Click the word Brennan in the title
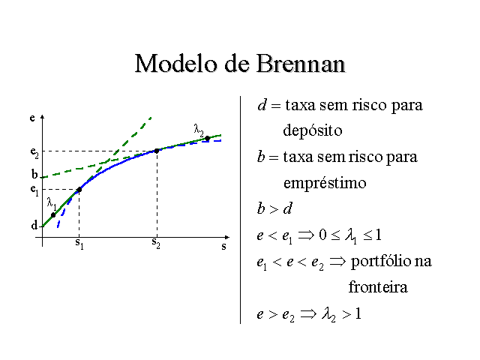click(x=301, y=64)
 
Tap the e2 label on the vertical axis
click(x=34, y=152)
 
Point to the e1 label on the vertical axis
click(x=34, y=190)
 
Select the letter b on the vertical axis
click(x=34, y=174)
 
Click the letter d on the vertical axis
click(x=34, y=225)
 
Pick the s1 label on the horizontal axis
click(x=79, y=244)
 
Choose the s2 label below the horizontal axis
click(x=156, y=243)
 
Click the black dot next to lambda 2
click(x=208, y=138)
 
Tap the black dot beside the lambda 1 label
click(x=53, y=215)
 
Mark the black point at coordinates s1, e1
click(x=79, y=190)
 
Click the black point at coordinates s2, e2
click(x=157, y=151)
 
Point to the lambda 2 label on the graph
click(x=199, y=130)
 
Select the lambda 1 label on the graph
click(x=52, y=203)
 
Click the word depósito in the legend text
click(x=313, y=131)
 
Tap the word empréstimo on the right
click(x=325, y=183)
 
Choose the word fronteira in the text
click(x=378, y=287)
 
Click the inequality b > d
click(x=274, y=208)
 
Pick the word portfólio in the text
click(x=382, y=262)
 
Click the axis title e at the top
click(x=32, y=118)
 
